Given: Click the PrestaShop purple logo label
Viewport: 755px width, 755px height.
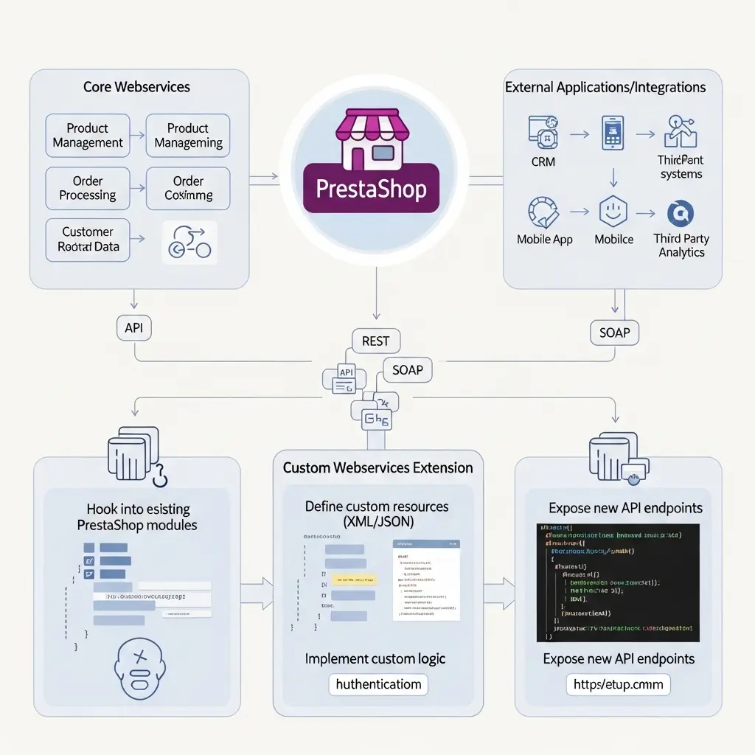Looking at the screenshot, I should coord(371,189).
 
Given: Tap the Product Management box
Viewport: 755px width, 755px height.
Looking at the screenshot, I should coord(88,136).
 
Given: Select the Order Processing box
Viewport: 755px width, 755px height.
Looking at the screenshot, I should coord(88,189).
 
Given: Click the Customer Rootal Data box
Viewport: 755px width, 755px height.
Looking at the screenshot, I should coord(88,240).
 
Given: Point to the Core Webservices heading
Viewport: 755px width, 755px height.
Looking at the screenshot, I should coord(136,87).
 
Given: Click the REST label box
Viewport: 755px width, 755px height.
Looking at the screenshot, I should coord(375,341).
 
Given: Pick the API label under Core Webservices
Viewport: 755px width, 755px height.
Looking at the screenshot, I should coord(134,327).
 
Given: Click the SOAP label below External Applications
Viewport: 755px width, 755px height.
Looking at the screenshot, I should coord(614,333).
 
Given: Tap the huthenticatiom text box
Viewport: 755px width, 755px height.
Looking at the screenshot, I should coord(378,684).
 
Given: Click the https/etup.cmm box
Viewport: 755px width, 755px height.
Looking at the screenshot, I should coord(619,684).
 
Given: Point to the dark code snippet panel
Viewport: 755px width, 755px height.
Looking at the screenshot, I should coord(618,582).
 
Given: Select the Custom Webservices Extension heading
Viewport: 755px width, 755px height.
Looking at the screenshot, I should coord(377,467).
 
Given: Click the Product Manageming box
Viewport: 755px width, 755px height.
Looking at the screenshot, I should coord(188,136).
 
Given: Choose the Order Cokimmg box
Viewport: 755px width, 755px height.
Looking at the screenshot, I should coord(188,189).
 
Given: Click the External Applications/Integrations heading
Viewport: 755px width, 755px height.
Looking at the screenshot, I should coord(605,87).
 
